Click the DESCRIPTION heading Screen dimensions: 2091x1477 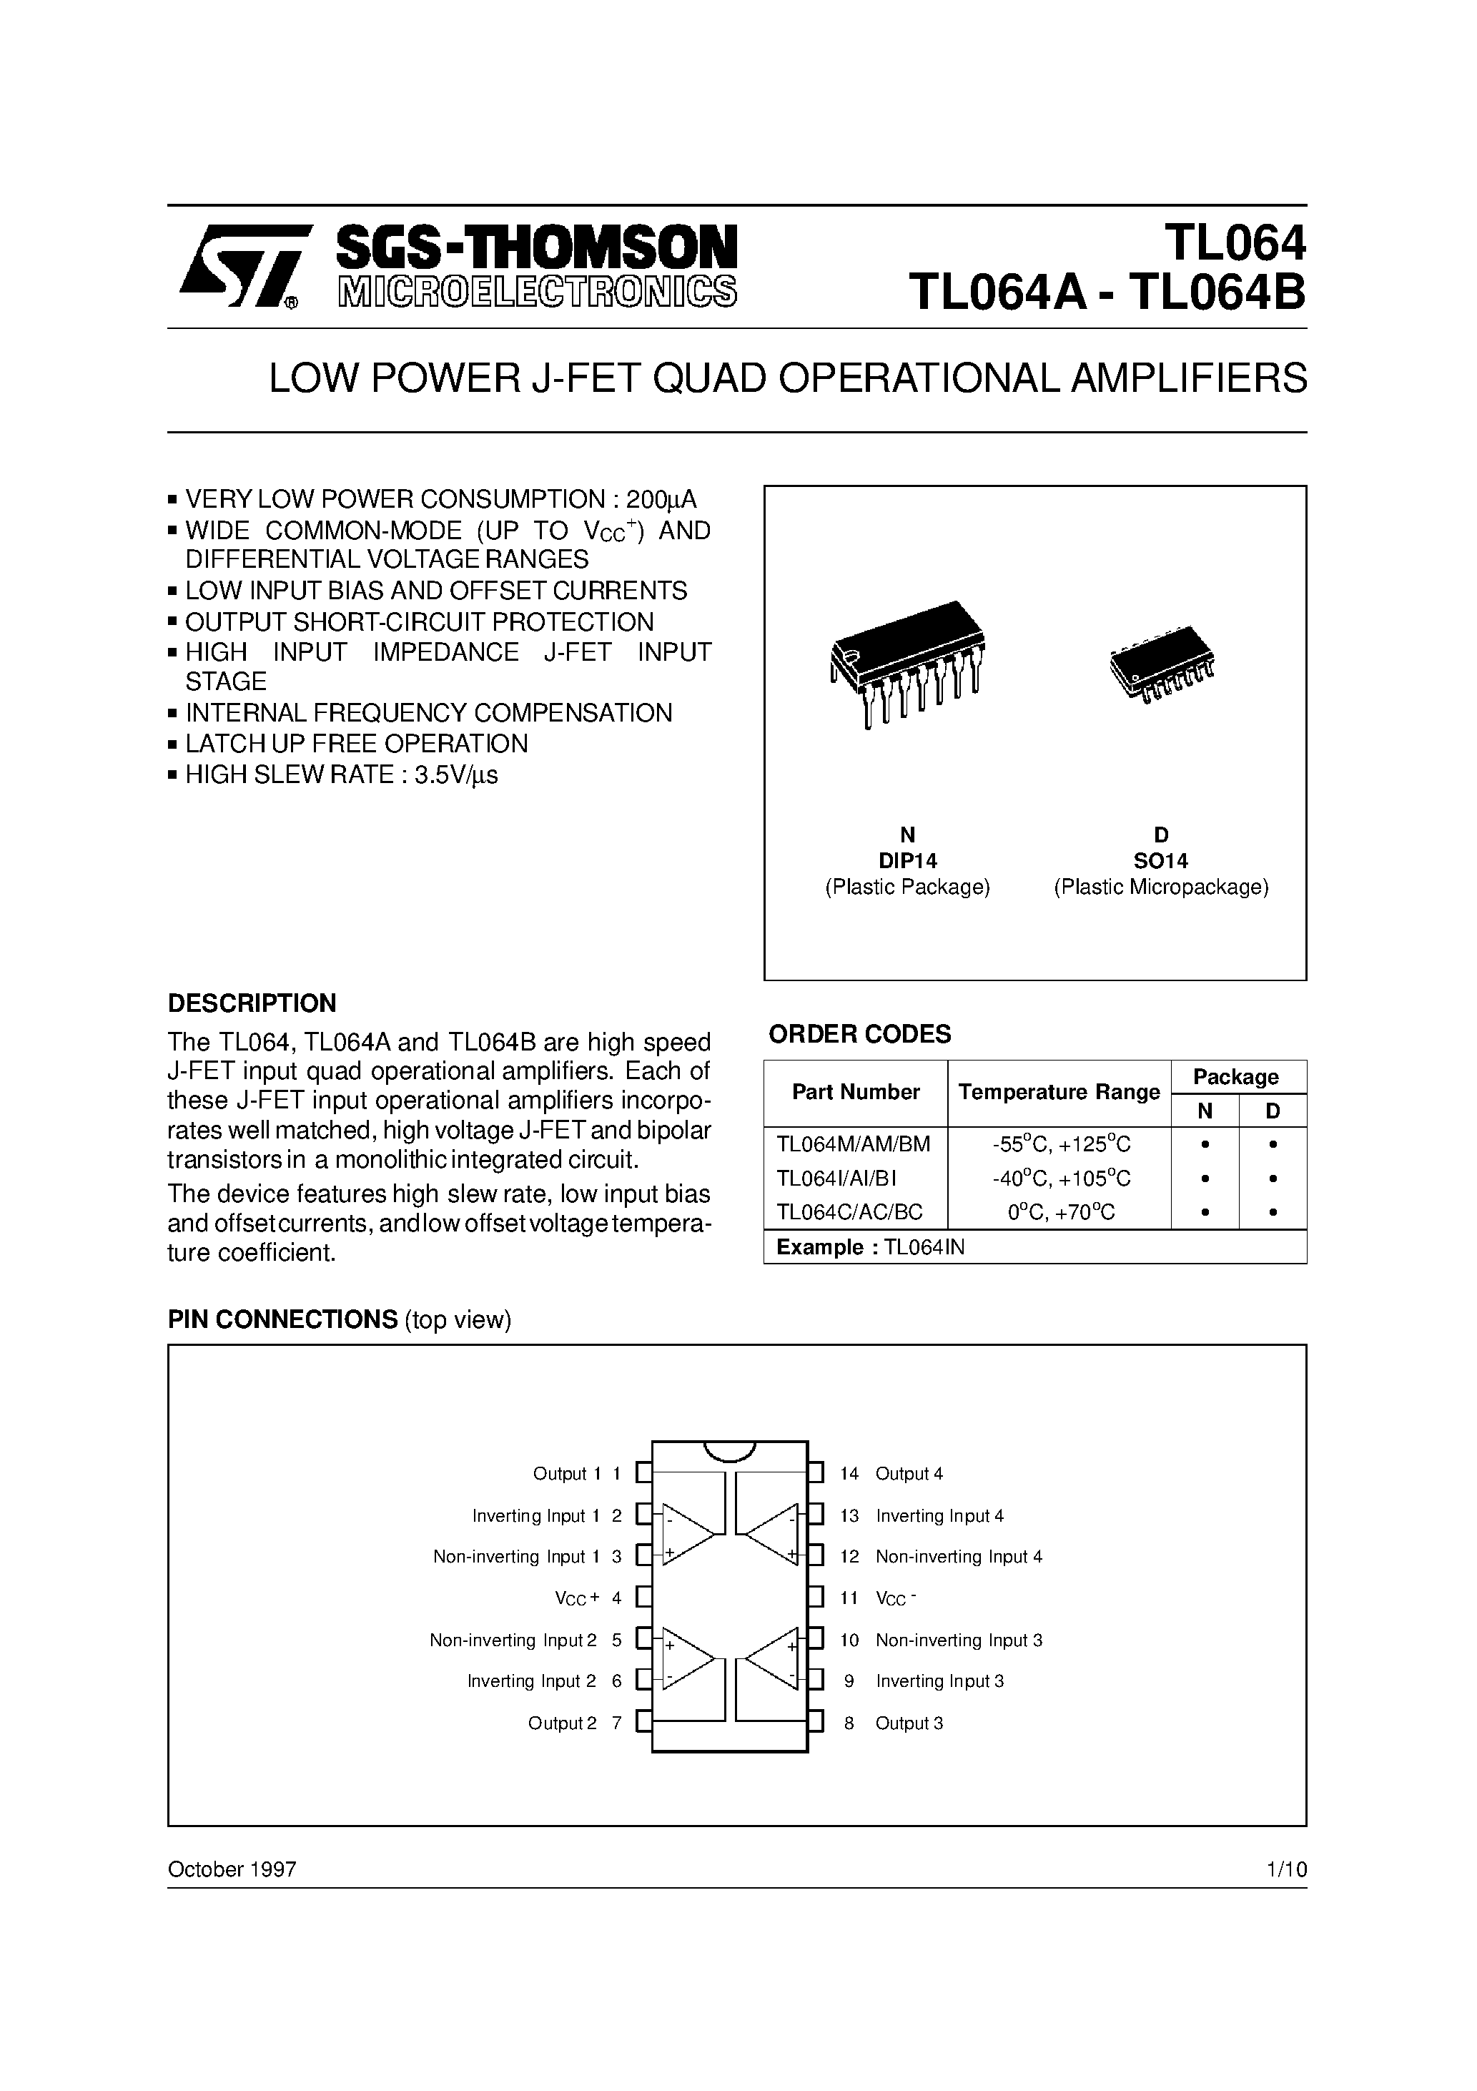(252, 1003)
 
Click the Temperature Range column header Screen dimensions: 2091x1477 (1059, 1092)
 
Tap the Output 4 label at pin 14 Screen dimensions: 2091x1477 (909, 1474)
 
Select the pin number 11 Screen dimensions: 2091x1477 (849, 1598)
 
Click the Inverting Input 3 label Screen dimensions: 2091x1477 (939, 1681)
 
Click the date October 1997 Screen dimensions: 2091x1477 (232, 1870)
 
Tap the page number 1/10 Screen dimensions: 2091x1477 (1286, 1870)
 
